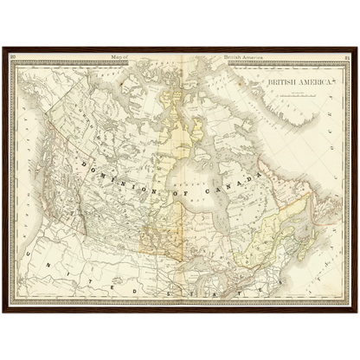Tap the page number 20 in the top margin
pyautogui.click(x=13, y=58)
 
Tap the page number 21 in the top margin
pyautogui.click(x=345, y=58)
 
